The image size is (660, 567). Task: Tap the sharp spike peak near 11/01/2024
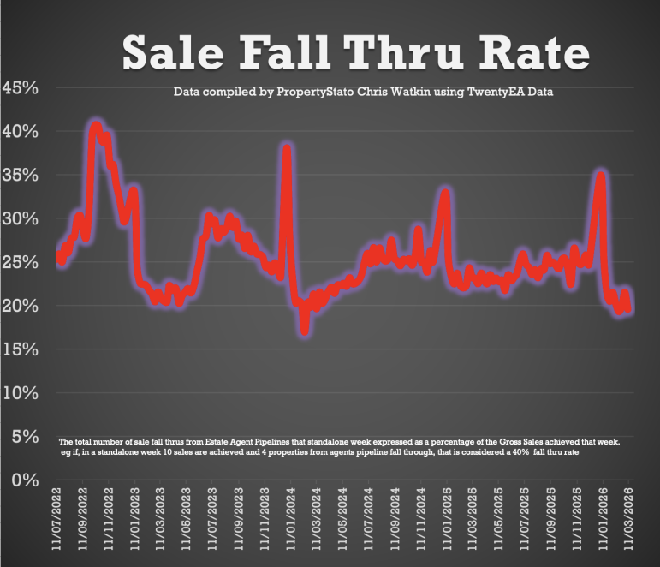[288, 147]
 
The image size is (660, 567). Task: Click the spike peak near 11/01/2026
[601, 176]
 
